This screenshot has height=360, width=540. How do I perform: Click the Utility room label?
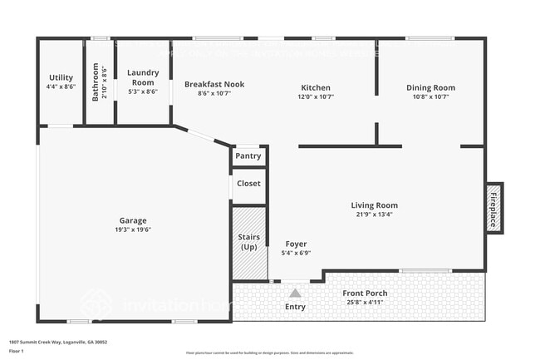[x=61, y=77]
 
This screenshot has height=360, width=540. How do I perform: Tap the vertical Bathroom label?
[x=96, y=82]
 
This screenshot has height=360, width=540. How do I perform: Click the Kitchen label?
[x=316, y=87]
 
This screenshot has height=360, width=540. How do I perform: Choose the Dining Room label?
[x=430, y=87]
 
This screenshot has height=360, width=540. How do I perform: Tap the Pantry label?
[x=248, y=155]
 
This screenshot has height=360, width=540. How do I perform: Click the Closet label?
[x=248, y=183]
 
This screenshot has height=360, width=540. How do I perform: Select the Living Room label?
[x=374, y=205]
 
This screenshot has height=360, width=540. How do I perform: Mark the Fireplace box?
[x=493, y=208]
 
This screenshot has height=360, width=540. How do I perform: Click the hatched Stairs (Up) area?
[x=249, y=243]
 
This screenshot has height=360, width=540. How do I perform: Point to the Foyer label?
[x=296, y=244]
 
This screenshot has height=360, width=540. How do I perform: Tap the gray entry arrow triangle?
[x=295, y=292]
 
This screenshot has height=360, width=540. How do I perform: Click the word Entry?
[x=295, y=307]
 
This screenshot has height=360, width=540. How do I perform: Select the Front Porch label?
[x=366, y=293]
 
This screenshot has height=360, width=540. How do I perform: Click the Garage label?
[x=133, y=220]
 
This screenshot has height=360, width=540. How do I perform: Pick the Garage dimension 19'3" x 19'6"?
[x=133, y=230]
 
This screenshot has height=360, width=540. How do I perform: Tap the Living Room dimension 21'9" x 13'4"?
[x=374, y=215]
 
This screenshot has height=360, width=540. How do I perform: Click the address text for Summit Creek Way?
[x=57, y=342]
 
